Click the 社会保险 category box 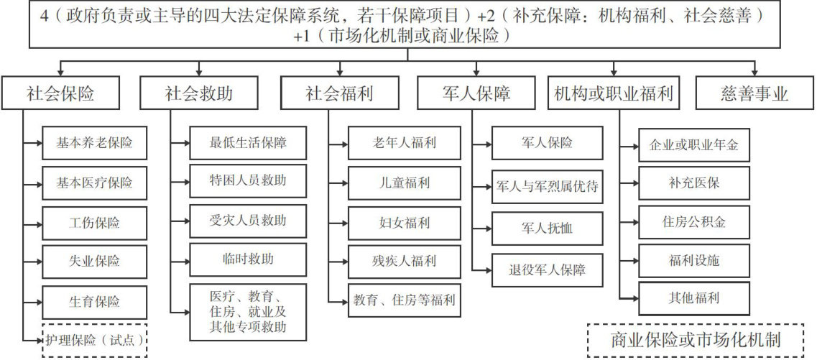point(60,93)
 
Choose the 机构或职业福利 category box point(614,93)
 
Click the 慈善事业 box point(754,93)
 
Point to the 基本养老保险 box point(95,142)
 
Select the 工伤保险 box point(95,222)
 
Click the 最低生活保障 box point(248,142)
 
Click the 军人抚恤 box point(547,229)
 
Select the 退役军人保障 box point(547,270)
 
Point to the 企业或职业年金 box point(694,145)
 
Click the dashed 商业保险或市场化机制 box point(695,340)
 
